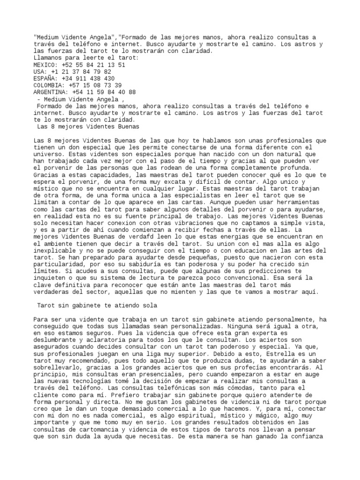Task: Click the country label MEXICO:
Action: [45, 65]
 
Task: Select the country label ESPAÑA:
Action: [45, 79]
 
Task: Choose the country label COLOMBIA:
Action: [49, 85]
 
